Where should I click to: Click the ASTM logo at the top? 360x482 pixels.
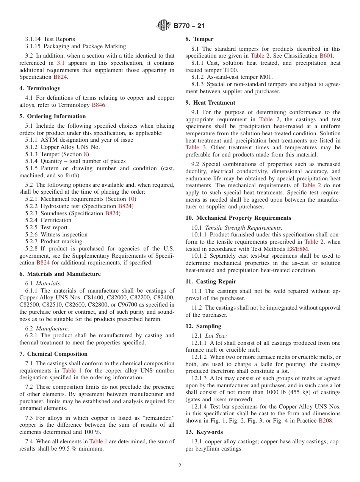point(164,26)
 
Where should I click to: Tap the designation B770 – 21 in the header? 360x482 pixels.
point(189,26)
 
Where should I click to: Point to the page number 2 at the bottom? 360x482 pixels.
point(180,466)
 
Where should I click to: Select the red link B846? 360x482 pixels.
point(98,105)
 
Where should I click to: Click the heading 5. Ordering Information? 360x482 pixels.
point(53,116)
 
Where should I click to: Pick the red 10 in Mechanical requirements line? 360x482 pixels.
point(131,199)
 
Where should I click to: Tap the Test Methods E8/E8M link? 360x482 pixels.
point(298,249)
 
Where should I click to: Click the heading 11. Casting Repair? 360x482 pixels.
point(211,282)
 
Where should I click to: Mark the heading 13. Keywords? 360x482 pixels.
point(204,432)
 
